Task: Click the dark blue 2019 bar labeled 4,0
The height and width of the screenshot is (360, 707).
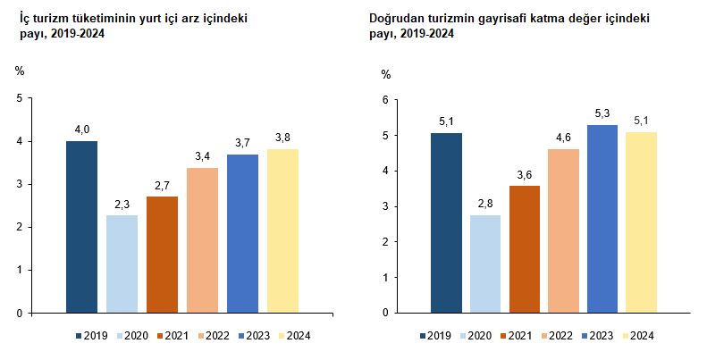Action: (81, 227)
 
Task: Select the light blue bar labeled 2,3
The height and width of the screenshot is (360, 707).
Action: (122, 264)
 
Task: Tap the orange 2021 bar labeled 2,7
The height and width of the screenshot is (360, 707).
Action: (162, 255)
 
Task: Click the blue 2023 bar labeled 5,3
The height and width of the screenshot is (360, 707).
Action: (602, 219)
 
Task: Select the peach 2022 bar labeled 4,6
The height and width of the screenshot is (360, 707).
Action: (563, 230)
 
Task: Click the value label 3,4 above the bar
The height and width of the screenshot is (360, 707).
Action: (203, 157)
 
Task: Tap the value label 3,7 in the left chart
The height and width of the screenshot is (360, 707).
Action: (243, 144)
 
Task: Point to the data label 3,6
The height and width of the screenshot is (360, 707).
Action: (525, 175)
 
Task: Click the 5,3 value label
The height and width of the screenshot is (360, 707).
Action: (602, 113)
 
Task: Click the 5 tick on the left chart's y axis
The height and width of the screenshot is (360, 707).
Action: (19, 98)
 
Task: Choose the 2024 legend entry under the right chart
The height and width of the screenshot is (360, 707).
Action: (637, 337)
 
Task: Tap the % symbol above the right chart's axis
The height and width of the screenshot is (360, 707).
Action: (386, 75)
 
